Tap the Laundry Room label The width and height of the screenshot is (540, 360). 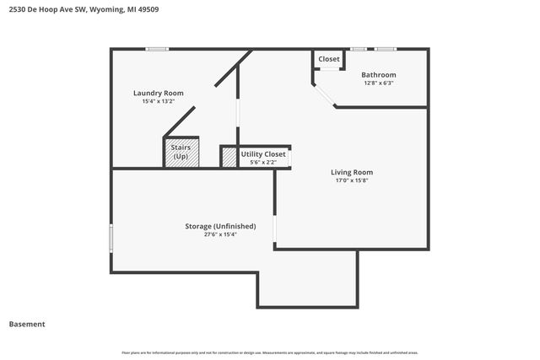(x=158, y=93)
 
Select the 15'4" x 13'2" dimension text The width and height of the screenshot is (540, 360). (x=158, y=101)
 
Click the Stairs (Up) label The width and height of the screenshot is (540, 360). (x=181, y=152)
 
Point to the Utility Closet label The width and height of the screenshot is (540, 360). (x=263, y=154)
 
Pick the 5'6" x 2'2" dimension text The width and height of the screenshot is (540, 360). (x=263, y=162)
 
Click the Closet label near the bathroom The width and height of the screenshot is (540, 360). (x=329, y=59)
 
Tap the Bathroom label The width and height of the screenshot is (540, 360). (x=379, y=75)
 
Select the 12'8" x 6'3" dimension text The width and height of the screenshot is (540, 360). (x=379, y=83)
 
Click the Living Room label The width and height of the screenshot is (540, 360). (x=351, y=172)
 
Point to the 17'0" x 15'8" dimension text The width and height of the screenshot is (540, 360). (x=351, y=180)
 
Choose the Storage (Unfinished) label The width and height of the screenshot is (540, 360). (x=220, y=226)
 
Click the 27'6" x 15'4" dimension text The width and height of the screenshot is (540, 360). (x=220, y=235)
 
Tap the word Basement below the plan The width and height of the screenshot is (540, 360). (x=27, y=324)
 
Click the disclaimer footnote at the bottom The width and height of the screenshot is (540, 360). (x=270, y=352)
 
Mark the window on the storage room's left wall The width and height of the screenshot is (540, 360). (x=111, y=237)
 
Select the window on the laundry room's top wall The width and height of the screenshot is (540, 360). (x=157, y=49)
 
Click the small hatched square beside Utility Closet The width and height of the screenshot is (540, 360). (x=229, y=158)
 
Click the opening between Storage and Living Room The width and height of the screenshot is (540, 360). (x=275, y=233)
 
